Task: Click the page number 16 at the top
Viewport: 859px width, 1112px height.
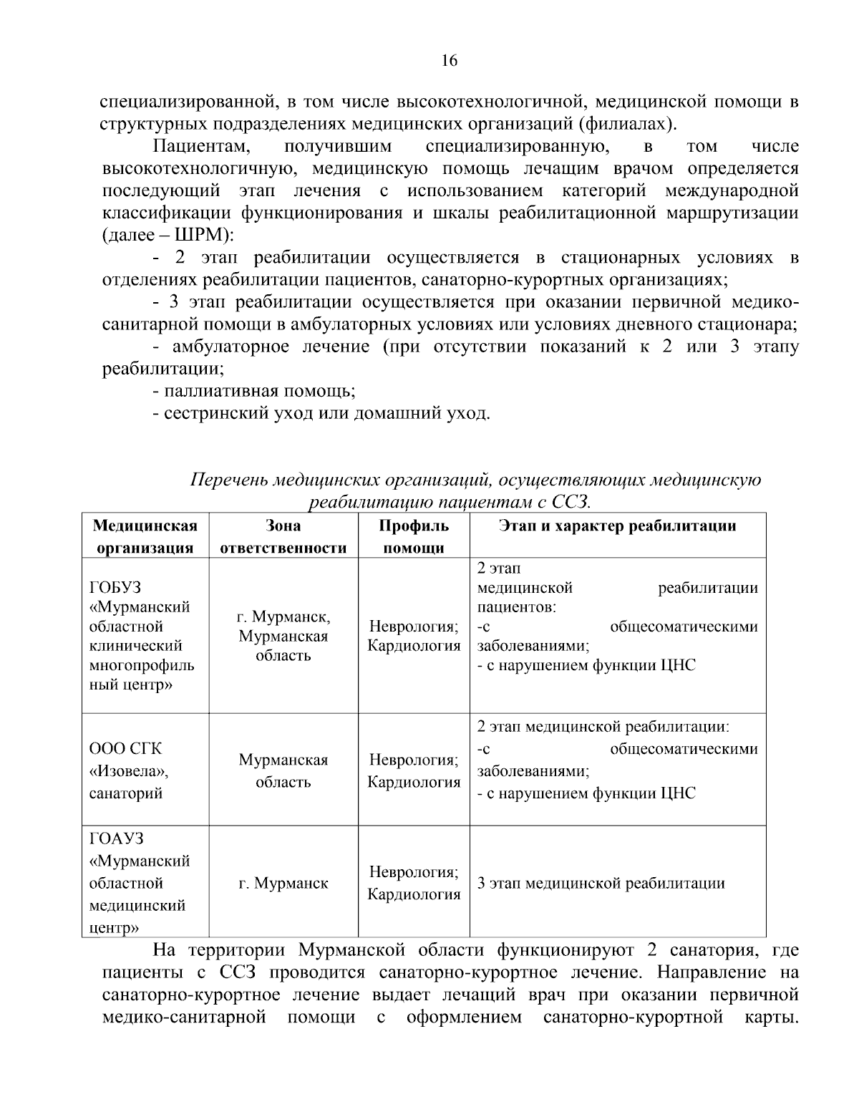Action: (449, 61)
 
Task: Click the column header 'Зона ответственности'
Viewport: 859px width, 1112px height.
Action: (283, 537)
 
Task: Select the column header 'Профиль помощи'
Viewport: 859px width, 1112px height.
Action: (413, 537)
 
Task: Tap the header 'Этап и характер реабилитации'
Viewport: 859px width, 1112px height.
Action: (617, 526)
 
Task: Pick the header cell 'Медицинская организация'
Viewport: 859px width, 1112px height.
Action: (145, 537)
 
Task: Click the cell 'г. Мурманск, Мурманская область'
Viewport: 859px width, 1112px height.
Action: (283, 636)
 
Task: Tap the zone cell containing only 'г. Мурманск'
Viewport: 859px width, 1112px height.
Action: (283, 884)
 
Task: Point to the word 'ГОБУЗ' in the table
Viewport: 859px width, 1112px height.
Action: (115, 588)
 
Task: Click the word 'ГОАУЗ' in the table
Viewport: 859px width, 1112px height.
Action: (116, 838)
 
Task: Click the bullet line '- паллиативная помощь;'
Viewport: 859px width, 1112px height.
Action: (254, 392)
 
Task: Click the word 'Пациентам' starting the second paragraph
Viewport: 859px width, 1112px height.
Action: (201, 147)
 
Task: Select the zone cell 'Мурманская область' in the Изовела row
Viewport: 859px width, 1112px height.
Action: (283, 770)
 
